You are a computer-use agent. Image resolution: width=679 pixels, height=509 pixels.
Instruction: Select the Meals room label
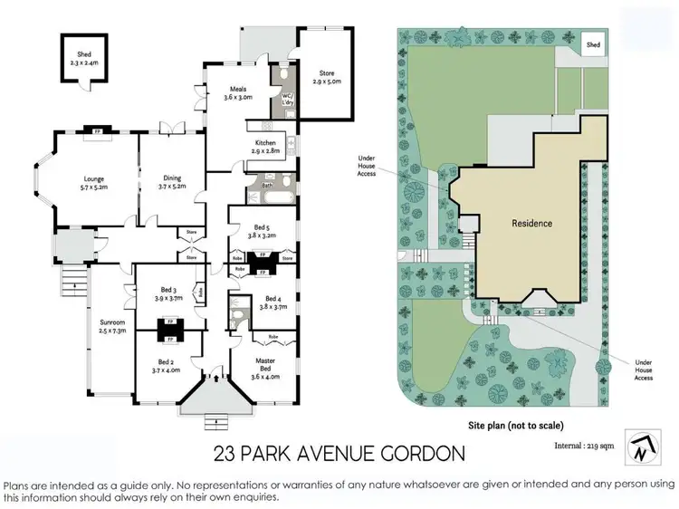pyautogui.click(x=237, y=91)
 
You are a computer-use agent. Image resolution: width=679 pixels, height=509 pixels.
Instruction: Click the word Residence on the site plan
pyautogui.click(x=531, y=223)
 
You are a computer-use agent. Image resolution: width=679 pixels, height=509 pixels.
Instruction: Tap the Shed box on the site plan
pyautogui.click(x=593, y=44)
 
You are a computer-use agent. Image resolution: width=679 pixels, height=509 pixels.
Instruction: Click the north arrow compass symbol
pyautogui.click(x=643, y=446)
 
